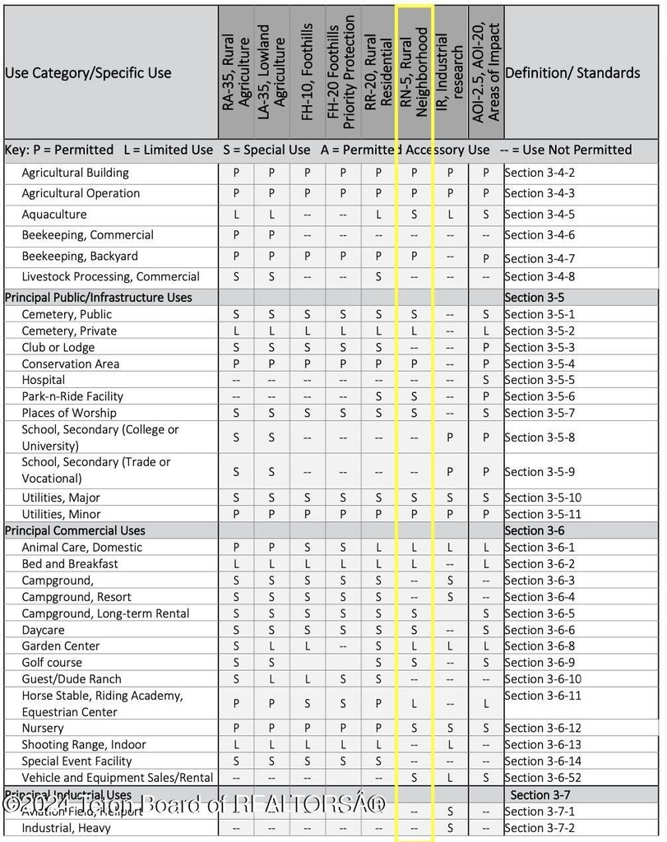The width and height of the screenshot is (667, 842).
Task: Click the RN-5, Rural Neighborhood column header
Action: coord(415,72)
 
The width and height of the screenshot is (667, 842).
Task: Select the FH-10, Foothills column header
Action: coord(308,72)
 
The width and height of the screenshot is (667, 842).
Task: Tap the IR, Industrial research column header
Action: coord(450,72)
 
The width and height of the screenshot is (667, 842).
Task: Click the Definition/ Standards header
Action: coord(572,72)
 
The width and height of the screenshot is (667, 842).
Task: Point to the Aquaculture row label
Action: coord(54,215)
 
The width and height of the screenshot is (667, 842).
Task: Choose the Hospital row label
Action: coord(44,380)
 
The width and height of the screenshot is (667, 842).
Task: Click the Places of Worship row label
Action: coord(69,413)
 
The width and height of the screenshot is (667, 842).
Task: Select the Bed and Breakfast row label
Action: coord(70,564)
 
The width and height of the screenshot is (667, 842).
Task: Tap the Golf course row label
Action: coord(52,663)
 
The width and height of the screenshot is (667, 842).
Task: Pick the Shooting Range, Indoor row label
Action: coord(84,745)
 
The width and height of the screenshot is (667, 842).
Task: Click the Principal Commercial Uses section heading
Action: coord(75,531)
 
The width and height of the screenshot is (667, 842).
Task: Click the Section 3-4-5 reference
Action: coord(540,215)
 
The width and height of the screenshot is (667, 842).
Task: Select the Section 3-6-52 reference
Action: coord(543,778)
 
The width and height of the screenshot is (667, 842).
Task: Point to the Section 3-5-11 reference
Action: coord(543,515)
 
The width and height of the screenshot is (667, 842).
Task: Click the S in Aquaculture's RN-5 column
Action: coord(415,215)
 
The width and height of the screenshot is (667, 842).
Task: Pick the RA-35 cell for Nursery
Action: coord(236,729)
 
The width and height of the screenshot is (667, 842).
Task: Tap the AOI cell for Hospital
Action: coord(486,380)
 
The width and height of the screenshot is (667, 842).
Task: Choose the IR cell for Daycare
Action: coord(450,630)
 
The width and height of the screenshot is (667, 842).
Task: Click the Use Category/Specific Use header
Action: coord(88,72)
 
